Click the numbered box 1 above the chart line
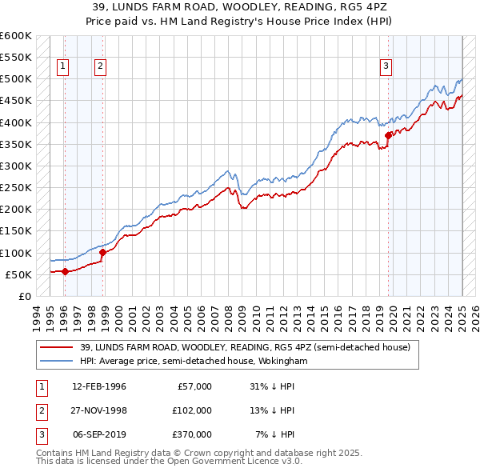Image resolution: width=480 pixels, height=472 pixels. click(x=63, y=67)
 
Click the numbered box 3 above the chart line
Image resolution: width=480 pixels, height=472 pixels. click(x=386, y=67)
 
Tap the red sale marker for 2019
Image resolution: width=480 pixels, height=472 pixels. click(x=388, y=135)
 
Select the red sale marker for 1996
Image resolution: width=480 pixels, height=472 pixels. click(x=65, y=271)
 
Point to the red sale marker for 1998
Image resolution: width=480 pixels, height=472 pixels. click(x=102, y=252)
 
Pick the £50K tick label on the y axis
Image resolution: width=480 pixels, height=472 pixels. click(x=18, y=274)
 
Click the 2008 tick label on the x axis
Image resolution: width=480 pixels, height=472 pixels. click(x=229, y=316)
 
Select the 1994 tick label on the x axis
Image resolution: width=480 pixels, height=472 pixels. click(x=36, y=316)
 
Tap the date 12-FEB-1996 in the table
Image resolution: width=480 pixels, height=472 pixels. click(x=99, y=386)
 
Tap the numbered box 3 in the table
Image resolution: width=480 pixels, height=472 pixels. click(x=39, y=434)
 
